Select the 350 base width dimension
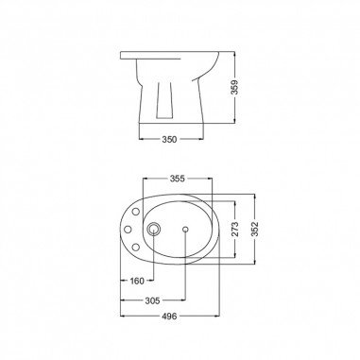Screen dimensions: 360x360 tap(169, 139)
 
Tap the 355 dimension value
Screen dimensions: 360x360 tap(178, 179)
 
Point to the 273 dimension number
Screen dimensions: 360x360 tap(235, 229)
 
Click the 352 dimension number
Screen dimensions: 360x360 tap(254, 229)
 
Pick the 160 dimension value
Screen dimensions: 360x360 tap(137, 281)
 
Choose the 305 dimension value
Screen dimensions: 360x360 tap(152, 300)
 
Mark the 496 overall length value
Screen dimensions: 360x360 tap(169, 316)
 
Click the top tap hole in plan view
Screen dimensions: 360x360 tap(136, 212)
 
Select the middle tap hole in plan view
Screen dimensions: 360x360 tap(128, 230)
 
